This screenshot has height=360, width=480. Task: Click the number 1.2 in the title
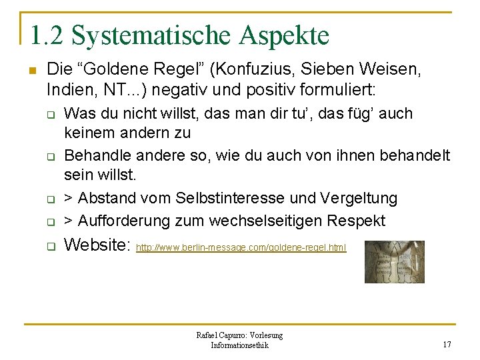47,35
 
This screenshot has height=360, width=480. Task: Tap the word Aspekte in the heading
287,35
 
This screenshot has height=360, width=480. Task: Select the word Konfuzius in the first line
265,69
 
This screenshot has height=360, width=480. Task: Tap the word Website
97,245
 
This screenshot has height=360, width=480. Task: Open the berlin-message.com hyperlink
241,248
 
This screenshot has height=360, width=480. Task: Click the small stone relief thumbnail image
394,261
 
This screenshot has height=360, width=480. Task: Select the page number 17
447,345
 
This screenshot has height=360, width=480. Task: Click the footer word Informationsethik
239,345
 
